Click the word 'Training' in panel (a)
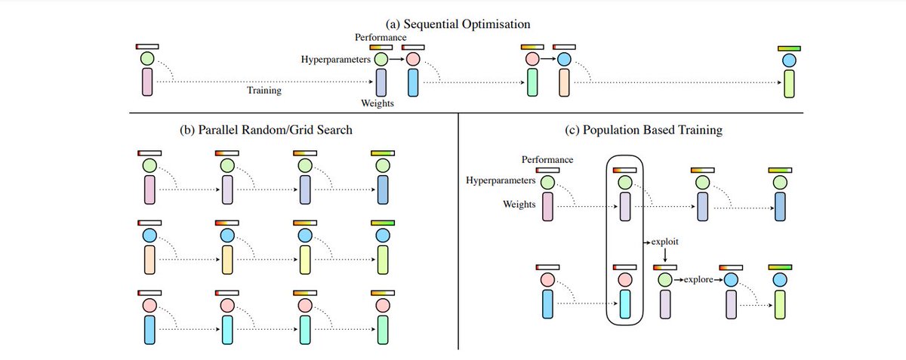tap(264, 91)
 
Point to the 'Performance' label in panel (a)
tap(381, 37)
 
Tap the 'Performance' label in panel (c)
tap(547, 160)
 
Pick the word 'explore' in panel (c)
tap(698, 280)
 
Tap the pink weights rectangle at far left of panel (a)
tap(146, 82)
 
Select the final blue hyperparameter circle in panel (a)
tap(789, 59)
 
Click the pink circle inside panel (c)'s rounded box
tap(624, 279)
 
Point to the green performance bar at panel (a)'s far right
tap(789, 48)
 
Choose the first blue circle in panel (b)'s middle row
tap(148, 235)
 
